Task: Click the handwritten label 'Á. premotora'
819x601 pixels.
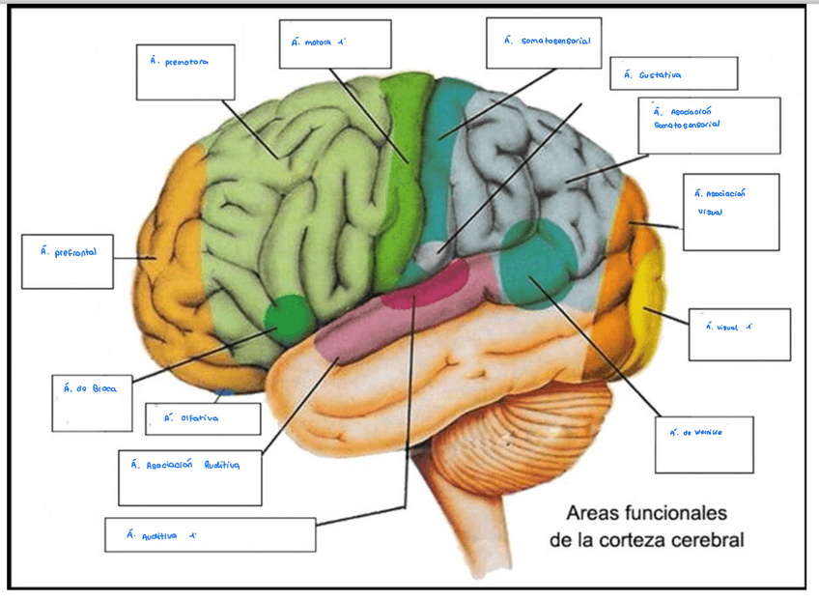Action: coord(181,62)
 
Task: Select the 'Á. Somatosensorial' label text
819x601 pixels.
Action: coord(548,42)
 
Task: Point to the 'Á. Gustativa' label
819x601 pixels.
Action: coord(654,74)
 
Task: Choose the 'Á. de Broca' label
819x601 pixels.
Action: coord(91,388)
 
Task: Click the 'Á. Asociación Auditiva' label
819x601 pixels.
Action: coord(185,464)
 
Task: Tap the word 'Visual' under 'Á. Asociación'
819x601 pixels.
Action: coord(710,212)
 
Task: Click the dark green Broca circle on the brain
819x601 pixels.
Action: coord(287,315)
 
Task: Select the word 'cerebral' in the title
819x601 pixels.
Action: coord(708,539)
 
